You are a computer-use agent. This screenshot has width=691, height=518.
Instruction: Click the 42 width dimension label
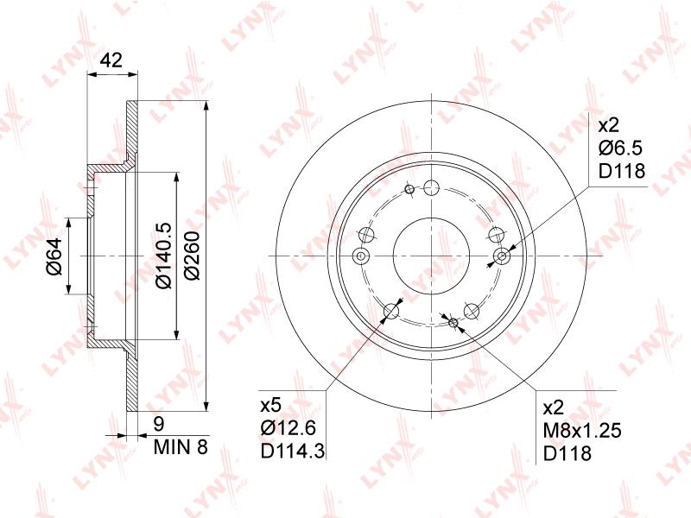click(x=111, y=60)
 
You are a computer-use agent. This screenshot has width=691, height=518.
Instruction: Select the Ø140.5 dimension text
click(x=164, y=256)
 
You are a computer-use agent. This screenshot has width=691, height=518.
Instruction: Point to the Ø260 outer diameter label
click(x=192, y=256)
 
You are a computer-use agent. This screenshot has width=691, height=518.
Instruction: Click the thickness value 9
click(x=159, y=424)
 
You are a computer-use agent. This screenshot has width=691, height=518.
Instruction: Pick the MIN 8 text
click(x=181, y=447)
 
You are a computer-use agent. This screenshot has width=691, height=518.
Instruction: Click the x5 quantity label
click(x=270, y=405)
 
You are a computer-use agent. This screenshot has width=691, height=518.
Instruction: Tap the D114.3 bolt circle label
click(x=293, y=451)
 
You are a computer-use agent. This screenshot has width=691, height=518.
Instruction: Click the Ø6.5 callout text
click(x=620, y=148)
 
